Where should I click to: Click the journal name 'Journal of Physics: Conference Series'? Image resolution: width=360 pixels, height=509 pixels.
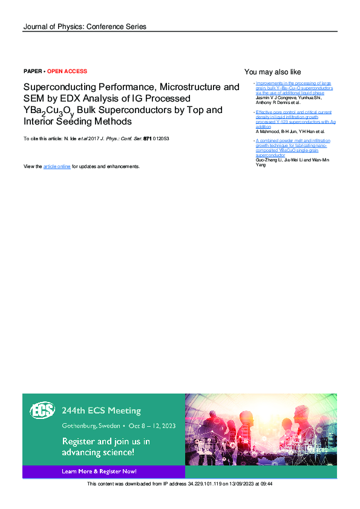pyautogui.click(x=84, y=27)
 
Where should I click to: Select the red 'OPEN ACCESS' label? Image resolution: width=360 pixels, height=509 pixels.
pyautogui.click(x=67, y=71)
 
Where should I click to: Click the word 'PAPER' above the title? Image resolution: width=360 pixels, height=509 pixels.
pyautogui.click(x=33, y=71)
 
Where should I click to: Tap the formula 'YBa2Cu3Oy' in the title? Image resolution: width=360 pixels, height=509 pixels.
pyautogui.click(x=48, y=111)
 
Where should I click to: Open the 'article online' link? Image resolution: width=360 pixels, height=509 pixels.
pyautogui.click(x=57, y=166)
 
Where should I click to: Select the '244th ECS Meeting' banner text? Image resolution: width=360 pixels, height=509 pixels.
pyautogui.click(x=101, y=410)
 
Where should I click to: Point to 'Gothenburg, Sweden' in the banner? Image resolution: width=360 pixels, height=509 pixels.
pyautogui.click(x=88, y=426)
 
